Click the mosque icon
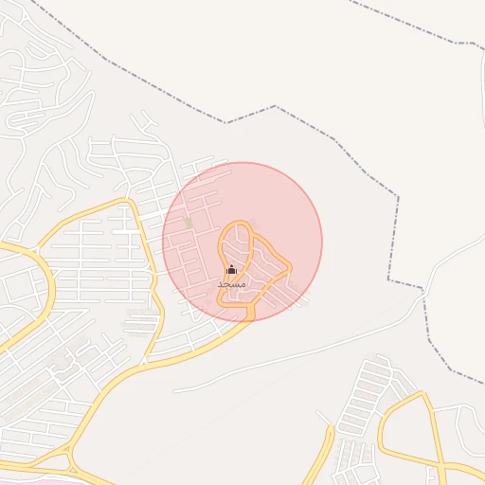231,270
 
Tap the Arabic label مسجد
231,284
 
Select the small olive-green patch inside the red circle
189,223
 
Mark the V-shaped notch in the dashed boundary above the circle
226,122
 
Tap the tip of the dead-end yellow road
332,428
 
